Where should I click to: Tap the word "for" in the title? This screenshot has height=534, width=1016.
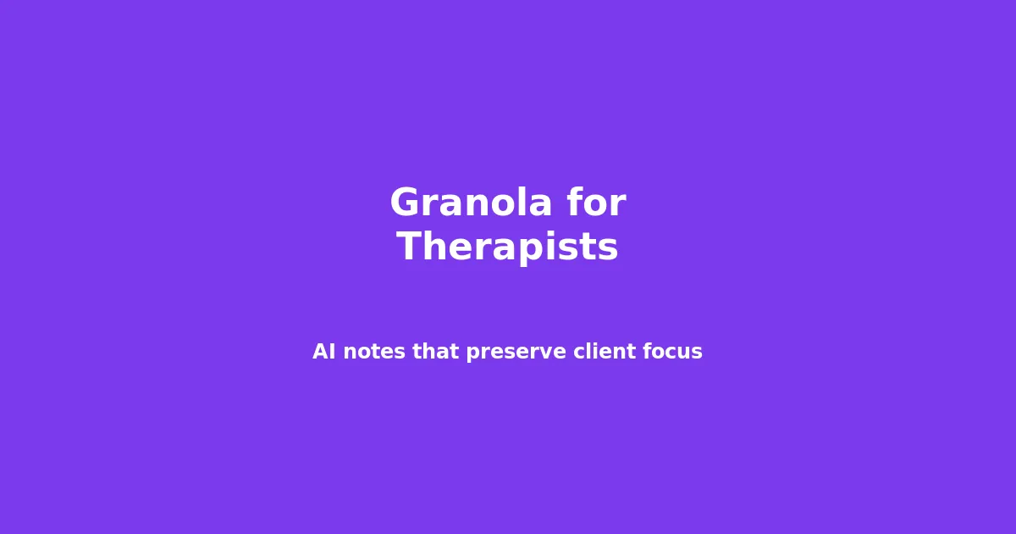(596, 204)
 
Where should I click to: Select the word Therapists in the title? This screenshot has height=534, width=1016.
(507, 248)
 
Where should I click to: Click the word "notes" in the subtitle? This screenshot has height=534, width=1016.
(373, 352)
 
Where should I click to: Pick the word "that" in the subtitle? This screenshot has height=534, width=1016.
(435, 352)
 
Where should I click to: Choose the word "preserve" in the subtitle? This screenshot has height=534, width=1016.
(516, 352)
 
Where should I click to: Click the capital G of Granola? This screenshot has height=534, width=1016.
(406, 204)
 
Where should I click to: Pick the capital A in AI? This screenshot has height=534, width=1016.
(320, 352)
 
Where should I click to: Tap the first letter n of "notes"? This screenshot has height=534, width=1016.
(350, 353)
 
